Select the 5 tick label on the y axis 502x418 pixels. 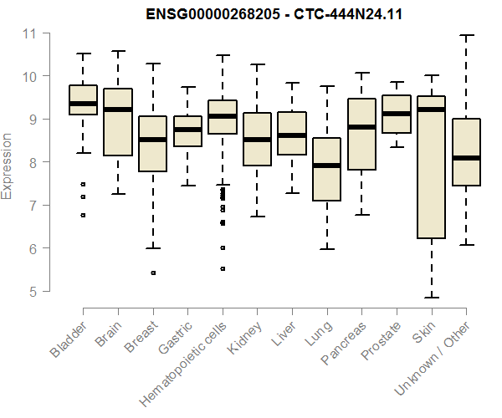(33, 292)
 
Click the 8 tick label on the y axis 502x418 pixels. (33, 162)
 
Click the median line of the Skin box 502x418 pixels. (431, 110)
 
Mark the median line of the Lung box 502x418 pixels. (326, 166)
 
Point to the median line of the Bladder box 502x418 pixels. (83, 104)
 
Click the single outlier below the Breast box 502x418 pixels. (152, 273)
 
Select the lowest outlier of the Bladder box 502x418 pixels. (83, 215)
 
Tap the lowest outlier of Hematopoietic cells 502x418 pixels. (223, 268)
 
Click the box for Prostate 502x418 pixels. (396, 114)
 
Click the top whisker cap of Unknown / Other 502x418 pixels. (466, 35)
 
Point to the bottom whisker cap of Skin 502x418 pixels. (431, 297)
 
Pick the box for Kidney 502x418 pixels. (257, 139)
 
